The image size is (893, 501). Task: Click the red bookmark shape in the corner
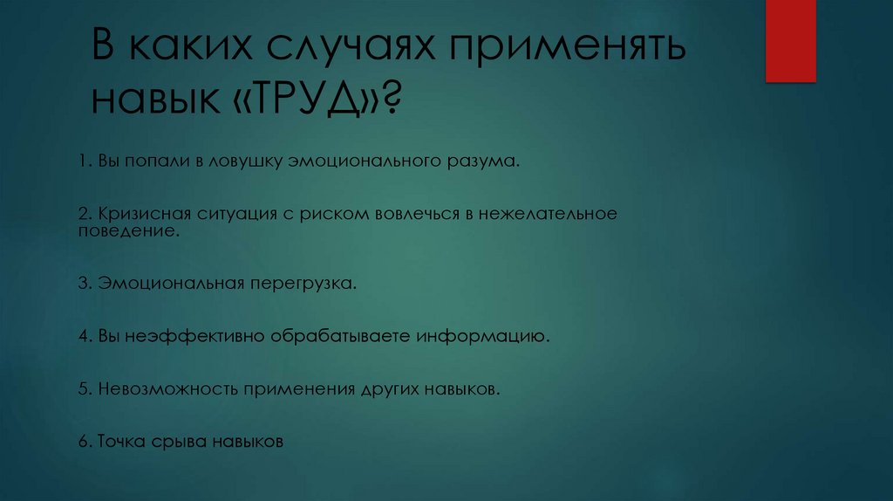[790, 40]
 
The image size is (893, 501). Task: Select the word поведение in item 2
[130, 231]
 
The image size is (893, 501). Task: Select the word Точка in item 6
[119, 441]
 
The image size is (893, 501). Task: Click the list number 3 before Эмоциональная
[81, 284]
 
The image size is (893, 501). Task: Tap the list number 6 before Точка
[81, 441]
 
